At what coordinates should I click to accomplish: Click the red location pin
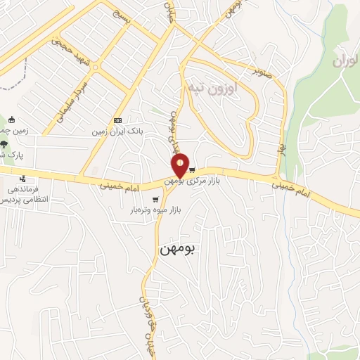pyautogui.click(x=181, y=166)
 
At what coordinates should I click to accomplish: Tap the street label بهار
pyautogui.click(x=282, y=149)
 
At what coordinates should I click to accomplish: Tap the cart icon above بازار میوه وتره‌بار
pyautogui.click(x=155, y=199)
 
